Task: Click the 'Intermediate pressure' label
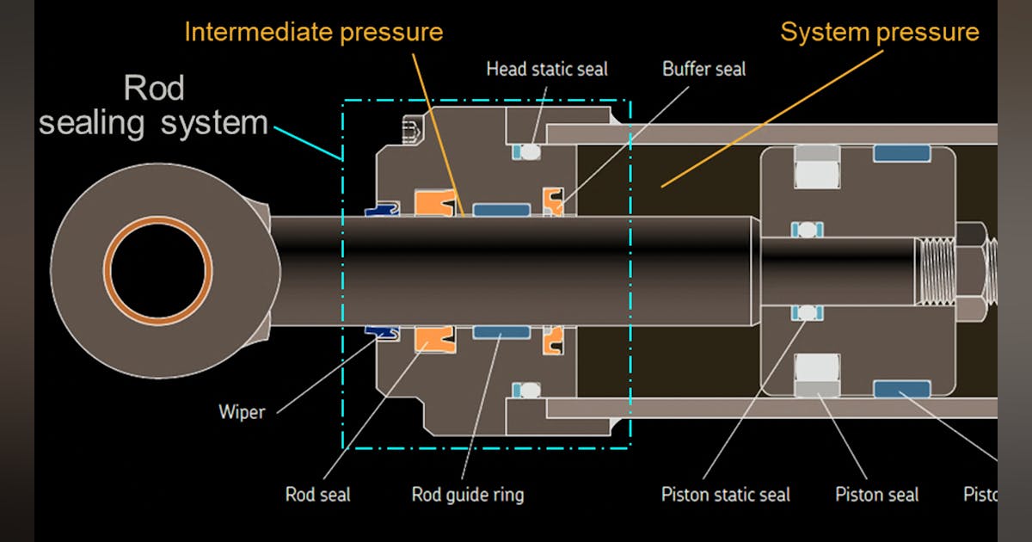[313, 33]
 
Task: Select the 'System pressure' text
[879, 33]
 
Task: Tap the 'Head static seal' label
[546, 69]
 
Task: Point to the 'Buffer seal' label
[703, 69]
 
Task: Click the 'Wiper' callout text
[241, 411]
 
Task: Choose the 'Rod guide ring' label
[467, 495]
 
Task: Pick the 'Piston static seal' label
[725, 495]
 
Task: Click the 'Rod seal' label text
[317, 495]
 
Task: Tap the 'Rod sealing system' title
[153, 106]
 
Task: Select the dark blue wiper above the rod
[382, 208]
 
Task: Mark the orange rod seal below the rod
[434, 339]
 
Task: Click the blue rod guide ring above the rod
[501, 209]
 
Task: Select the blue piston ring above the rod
[901, 153]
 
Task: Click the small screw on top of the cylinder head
[410, 131]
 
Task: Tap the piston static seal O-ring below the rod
[807, 311]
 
